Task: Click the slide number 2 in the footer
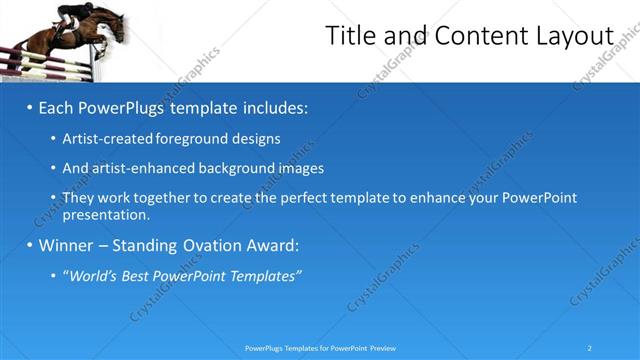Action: (x=590, y=348)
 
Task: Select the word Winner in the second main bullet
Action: (x=66, y=245)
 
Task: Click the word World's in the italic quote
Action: (x=96, y=275)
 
